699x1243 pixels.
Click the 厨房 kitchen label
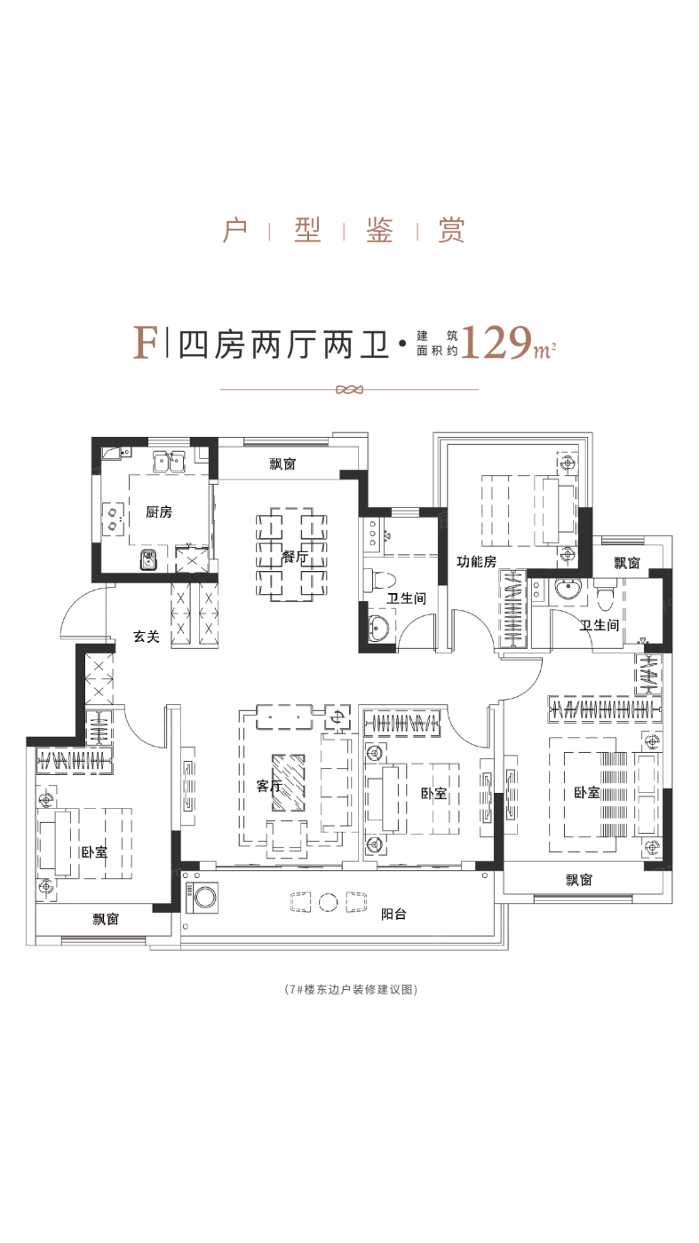(159, 511)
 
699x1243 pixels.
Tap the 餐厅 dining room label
(295, 556)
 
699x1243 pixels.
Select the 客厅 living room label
(269, 786)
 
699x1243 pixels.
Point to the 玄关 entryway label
(146, 637)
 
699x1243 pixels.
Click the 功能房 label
(476, 561)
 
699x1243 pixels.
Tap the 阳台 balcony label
(393, 914)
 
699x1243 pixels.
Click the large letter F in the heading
(146, 343)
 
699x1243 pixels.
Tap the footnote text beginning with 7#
(350, 989)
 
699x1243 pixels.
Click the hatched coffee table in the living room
(288, 782)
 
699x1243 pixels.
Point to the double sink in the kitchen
(169, 463)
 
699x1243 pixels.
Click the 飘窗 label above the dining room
(283, 463)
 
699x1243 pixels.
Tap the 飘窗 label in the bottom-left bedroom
(106, 919)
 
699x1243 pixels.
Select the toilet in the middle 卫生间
(379, 580)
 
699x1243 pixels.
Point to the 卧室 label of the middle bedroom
(433, 794)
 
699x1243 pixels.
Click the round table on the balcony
(328, 902)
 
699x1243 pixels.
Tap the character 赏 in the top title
(451, 230)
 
